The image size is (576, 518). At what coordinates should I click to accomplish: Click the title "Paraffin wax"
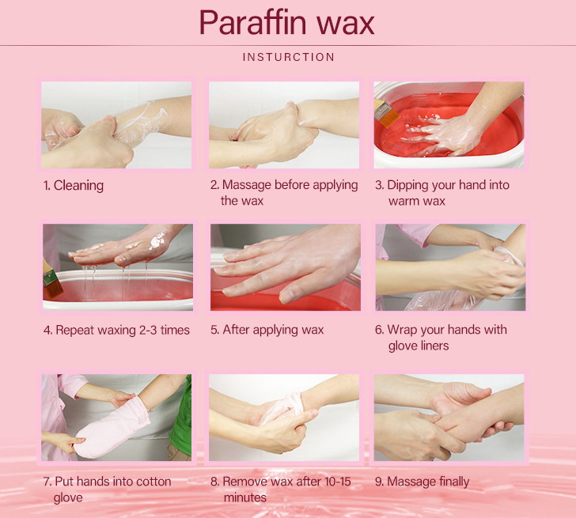pos(287,23)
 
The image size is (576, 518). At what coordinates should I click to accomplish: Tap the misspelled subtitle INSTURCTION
pos(289,57)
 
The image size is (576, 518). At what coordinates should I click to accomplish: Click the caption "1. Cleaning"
pos(73,185)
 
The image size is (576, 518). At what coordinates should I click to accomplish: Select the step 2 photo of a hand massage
pos(284,125)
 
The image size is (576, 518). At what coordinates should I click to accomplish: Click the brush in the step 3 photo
pos(386,113)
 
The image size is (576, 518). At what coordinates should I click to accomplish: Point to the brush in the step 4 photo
pos(52,280)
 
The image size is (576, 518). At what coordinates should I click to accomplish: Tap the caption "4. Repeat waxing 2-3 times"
pos(116,330)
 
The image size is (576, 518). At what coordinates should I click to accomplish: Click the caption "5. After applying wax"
pos(267,330)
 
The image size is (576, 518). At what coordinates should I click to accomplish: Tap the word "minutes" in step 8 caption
pos(245,497)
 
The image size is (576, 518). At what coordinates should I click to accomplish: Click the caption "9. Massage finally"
pos(422,482)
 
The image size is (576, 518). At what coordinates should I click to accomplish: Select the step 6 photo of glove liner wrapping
pos(450,267)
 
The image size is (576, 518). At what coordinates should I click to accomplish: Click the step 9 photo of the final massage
pos(449,418)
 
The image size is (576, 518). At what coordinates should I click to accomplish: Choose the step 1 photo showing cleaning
pos(116,125)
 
